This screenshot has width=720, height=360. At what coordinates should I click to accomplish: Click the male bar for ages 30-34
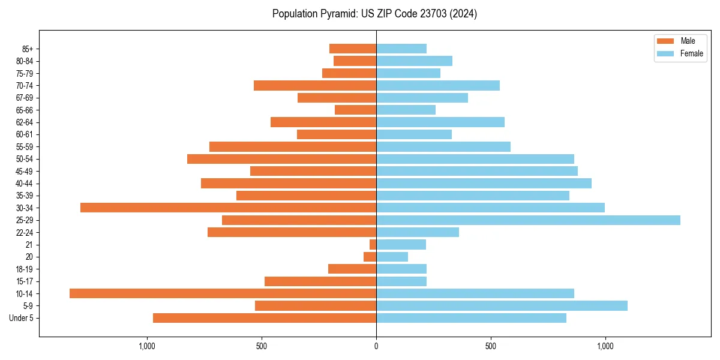click(x=228, y=208)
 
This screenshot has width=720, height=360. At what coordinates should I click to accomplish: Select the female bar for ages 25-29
click(x=528, y=220)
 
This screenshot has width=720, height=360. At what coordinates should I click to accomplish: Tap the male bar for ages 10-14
click(x=223, y=293)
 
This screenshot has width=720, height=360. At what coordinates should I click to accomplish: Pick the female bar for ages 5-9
click(x=502, y=306)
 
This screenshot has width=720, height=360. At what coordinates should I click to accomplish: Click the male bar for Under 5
click(x=265, y=318)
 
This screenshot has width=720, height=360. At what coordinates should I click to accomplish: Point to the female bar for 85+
click(x=401, y=49)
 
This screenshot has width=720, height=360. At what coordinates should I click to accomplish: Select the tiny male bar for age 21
click(x=373, y=245)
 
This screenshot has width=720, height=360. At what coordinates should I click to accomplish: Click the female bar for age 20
click(x=392, y=257)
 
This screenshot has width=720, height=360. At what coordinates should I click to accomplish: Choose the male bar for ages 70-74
click(x=315, y=85)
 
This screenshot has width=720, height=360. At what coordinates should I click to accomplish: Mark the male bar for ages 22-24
click(x=292, y=232)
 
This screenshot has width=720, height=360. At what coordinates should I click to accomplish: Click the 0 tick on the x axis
click(x=376, y=346)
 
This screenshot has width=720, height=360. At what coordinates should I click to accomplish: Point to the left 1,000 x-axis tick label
click(x=146, y=346)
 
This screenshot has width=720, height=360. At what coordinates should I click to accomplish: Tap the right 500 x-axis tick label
click(x=491, y=346)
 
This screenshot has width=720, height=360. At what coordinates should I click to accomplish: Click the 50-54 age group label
click(x=25, y=159)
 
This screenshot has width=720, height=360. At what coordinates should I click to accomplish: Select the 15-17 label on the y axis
click(x=25, y=281)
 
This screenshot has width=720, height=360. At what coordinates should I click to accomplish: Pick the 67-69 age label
click(x=25, y=98)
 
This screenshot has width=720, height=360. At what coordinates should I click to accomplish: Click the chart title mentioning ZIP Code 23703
click(x=374, y=14)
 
